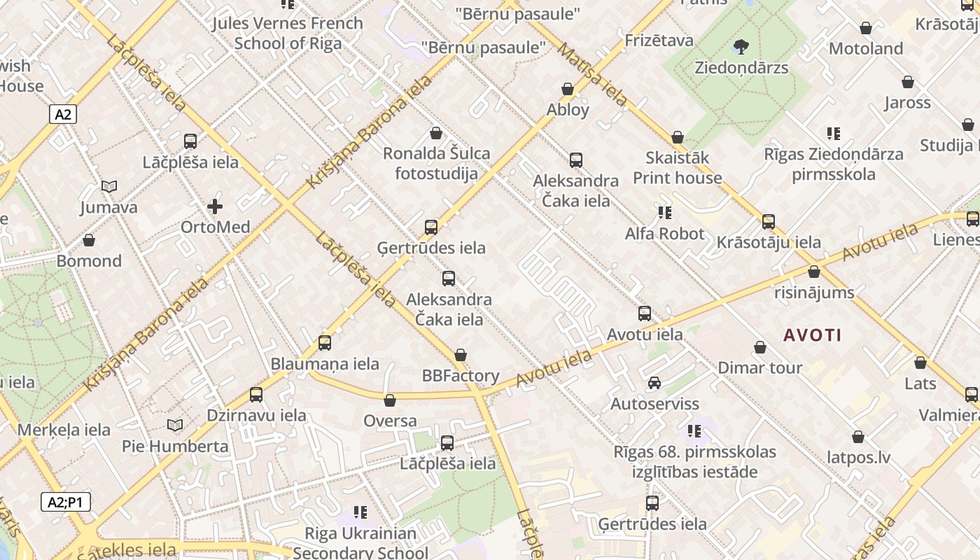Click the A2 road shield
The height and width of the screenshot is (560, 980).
[x=63, y=114]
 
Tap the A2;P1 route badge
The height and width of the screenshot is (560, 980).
[x=66, y=502]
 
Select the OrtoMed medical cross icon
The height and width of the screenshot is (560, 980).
[x=215, y=206]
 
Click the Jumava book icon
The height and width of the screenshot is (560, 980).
[x=108, y=187]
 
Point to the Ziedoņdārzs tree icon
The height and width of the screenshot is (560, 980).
[x=741, y=48]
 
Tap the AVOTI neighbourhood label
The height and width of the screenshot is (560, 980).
[x=812, y=335]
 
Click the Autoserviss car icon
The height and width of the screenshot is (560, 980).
[x=654, y=383]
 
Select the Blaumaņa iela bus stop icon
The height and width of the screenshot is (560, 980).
[x=325, y=343]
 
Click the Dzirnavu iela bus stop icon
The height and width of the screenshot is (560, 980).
[x=256, y=395]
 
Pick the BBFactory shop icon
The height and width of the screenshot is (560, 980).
[x=460, y=356]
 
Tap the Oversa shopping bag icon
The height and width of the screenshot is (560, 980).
[x=390, y=400]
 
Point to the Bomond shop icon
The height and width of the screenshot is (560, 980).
[x=89, y=241]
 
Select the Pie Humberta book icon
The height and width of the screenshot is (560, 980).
[x=175, y=426]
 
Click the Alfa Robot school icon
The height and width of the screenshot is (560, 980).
[x=664, y=212]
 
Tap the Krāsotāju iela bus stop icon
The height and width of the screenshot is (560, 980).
[x=769, y=222]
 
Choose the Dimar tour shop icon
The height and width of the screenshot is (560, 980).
[x=760, y=347]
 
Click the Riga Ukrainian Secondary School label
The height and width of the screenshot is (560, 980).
[x=360, y=542]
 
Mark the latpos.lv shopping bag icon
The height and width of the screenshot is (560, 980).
[x=858, y=437]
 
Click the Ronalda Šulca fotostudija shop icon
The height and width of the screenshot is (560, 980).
[x=436, y=133]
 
